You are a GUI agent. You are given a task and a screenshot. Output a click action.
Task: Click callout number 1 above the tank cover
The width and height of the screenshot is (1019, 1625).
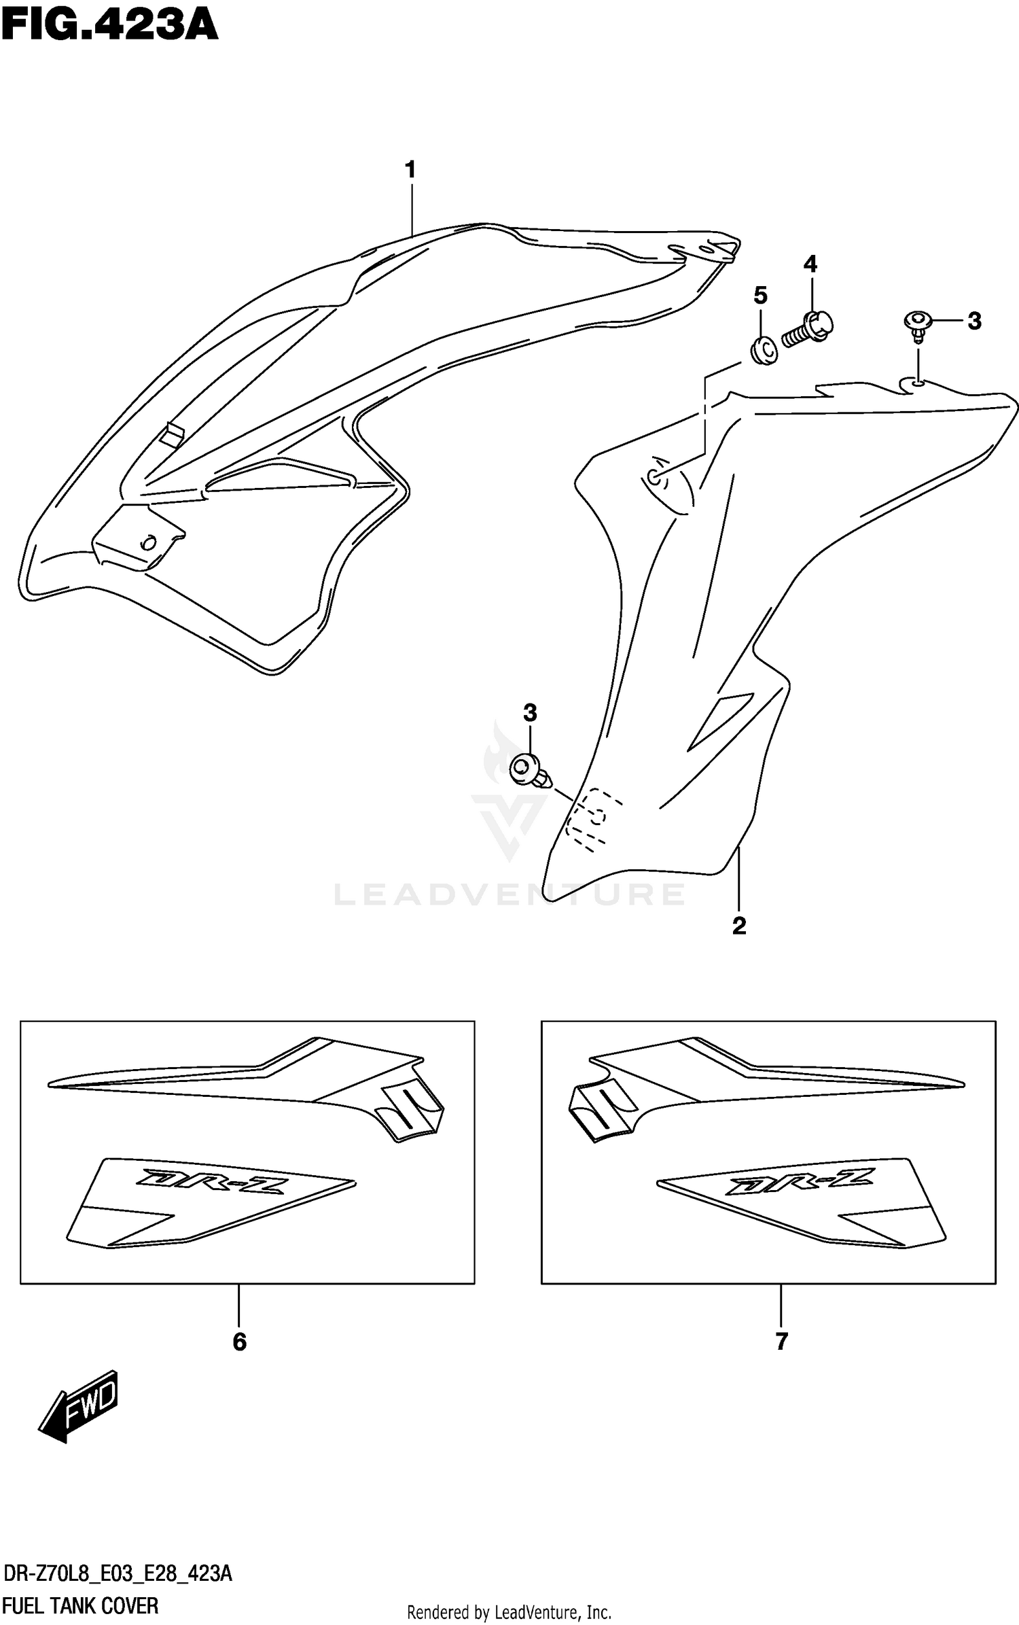(x=410, y=169)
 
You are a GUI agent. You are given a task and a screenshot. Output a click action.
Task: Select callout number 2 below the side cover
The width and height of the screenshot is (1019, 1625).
(x=739, y=926)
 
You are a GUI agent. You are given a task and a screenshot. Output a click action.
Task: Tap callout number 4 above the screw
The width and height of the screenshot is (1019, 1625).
(x=810, y=264)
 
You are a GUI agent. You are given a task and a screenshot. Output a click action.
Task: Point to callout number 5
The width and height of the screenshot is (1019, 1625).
(x=760, y=296)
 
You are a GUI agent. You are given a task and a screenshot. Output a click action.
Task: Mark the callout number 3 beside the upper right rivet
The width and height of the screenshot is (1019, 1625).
(x=974, y=321)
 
